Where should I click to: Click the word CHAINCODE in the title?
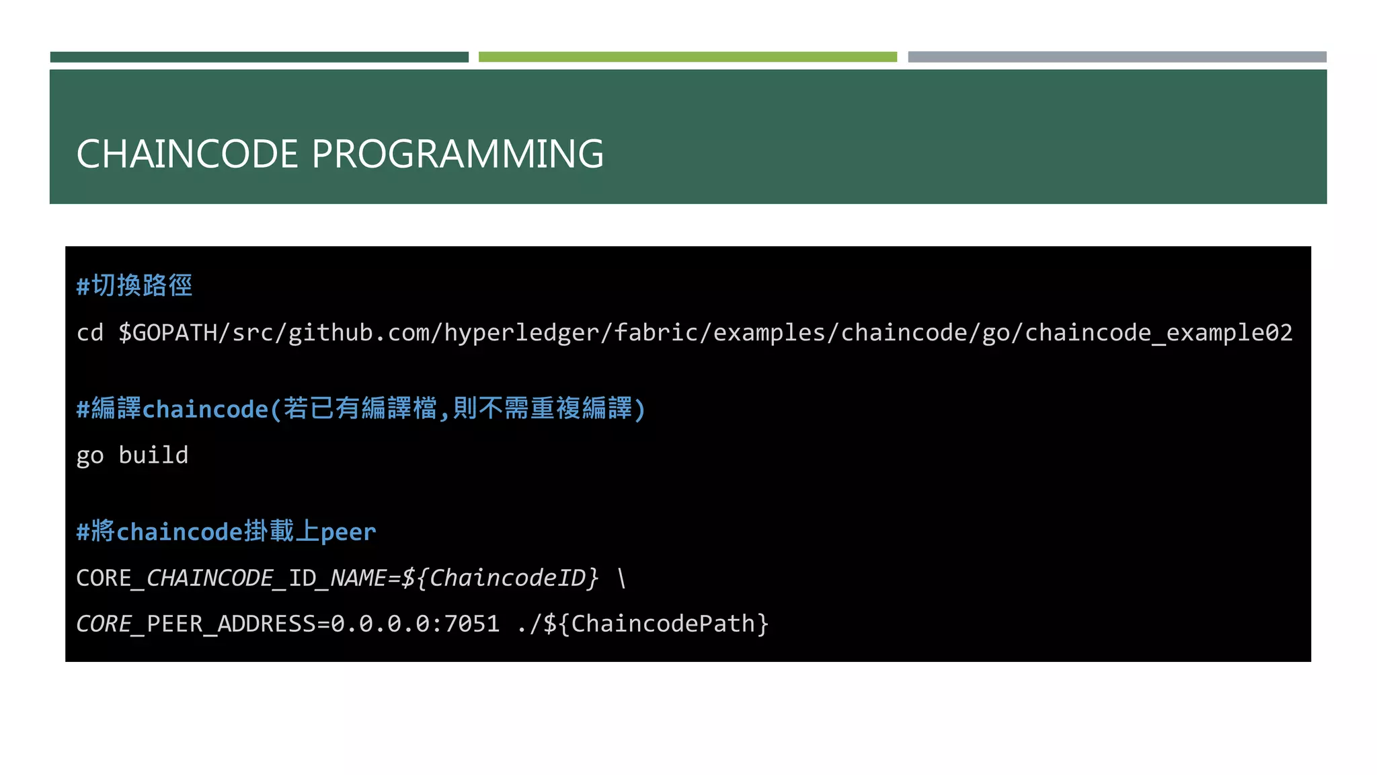tap(187, 154)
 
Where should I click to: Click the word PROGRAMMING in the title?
tap(457, 154)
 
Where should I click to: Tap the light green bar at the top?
tap(687, 57)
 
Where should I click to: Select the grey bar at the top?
tap(1117, 57)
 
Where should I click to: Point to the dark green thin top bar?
tap(259, 57)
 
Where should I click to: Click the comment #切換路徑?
tap(134, 285)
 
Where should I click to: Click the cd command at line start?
tap(89, 332)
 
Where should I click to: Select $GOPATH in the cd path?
tap(167, 332)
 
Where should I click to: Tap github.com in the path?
tap(359, 332)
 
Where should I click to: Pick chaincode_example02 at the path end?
tap(1158, 332)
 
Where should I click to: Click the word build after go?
tap(153, 455)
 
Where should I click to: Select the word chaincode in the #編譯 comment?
tap(206, 409)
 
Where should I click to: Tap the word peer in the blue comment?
tap(348, 531)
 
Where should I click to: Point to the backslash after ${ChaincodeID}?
tap(621, 578)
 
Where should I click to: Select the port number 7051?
tap(471, 624)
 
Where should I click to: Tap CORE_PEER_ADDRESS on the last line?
tap(195, 624)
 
